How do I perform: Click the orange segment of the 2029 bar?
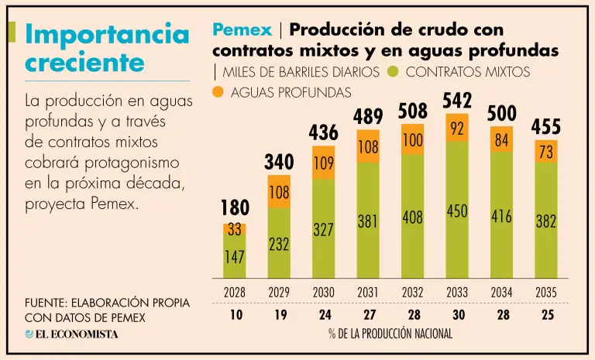point(279,191)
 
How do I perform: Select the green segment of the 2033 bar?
point(457,209)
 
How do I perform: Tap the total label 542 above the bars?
point(457,101)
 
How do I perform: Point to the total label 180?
point(234,209)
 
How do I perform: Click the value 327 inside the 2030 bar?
point(323,230)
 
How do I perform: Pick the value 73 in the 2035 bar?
point(546,152)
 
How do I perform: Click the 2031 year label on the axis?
point(368,293)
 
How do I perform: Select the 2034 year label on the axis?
point(501,293)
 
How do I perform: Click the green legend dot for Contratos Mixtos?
point(393,73)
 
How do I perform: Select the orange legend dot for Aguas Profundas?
point(218,92)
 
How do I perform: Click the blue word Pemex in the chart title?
point(242,30)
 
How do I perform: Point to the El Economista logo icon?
point(29,334)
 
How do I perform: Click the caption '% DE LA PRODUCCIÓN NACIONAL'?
point(390,334)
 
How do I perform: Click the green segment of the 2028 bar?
point(234,255)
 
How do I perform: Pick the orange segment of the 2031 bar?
point(368,146)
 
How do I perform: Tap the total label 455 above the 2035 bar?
point(546,126)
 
